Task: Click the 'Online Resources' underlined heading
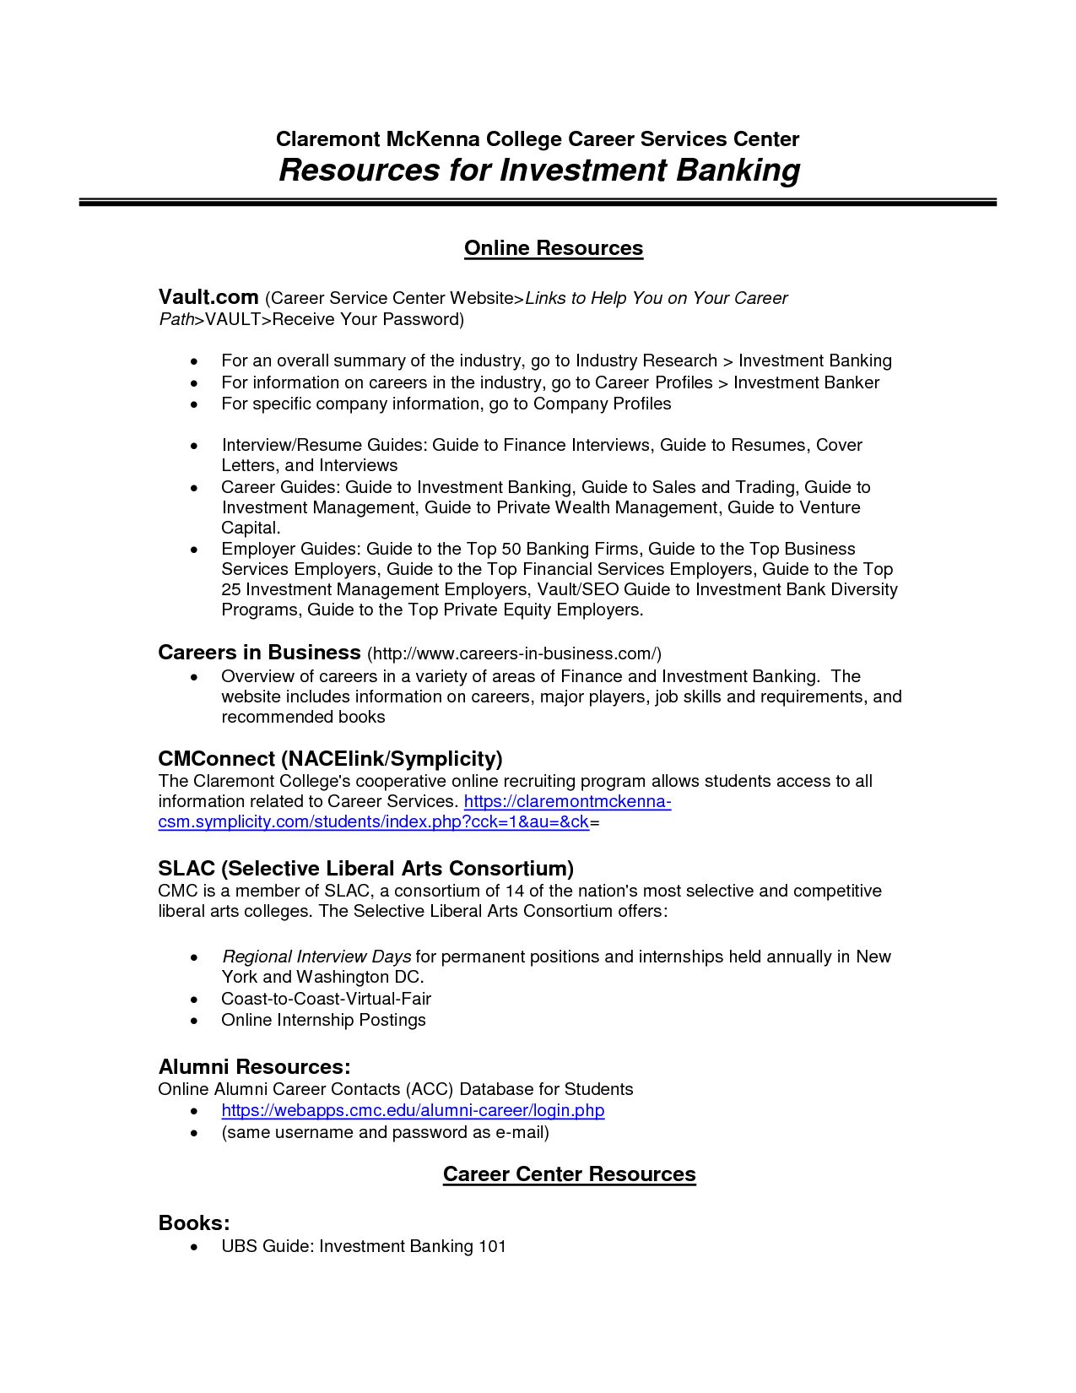click(x=553, y=248)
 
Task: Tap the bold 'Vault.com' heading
click(x=208, y=297)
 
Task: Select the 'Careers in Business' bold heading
click(x=259, y=653)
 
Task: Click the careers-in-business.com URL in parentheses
click(x=514, y=653)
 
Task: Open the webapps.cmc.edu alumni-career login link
click(x=413, y=1110)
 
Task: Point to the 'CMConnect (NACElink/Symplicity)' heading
click(x=330, y=758)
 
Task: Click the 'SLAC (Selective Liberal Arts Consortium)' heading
click(x=365, y=868)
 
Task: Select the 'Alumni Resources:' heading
click(x=254, y=1066)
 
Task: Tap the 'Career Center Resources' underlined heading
click(x=569, y=1174)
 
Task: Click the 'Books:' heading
click(x=194, y=1222)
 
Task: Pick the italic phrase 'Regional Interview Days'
click(x=316, y=957)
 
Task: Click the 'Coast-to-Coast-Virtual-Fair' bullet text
click(x=326, y=999)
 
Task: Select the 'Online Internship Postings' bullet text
click(x=323, y=1020)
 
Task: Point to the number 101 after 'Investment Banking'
click(x=492, y=1246)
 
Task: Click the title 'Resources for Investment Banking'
click(x=538, y=171)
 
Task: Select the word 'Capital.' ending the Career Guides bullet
click(x=251, y=528)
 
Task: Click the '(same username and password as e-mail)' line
click(x=385, y=1132)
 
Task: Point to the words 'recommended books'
click(x=303, y=717)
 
